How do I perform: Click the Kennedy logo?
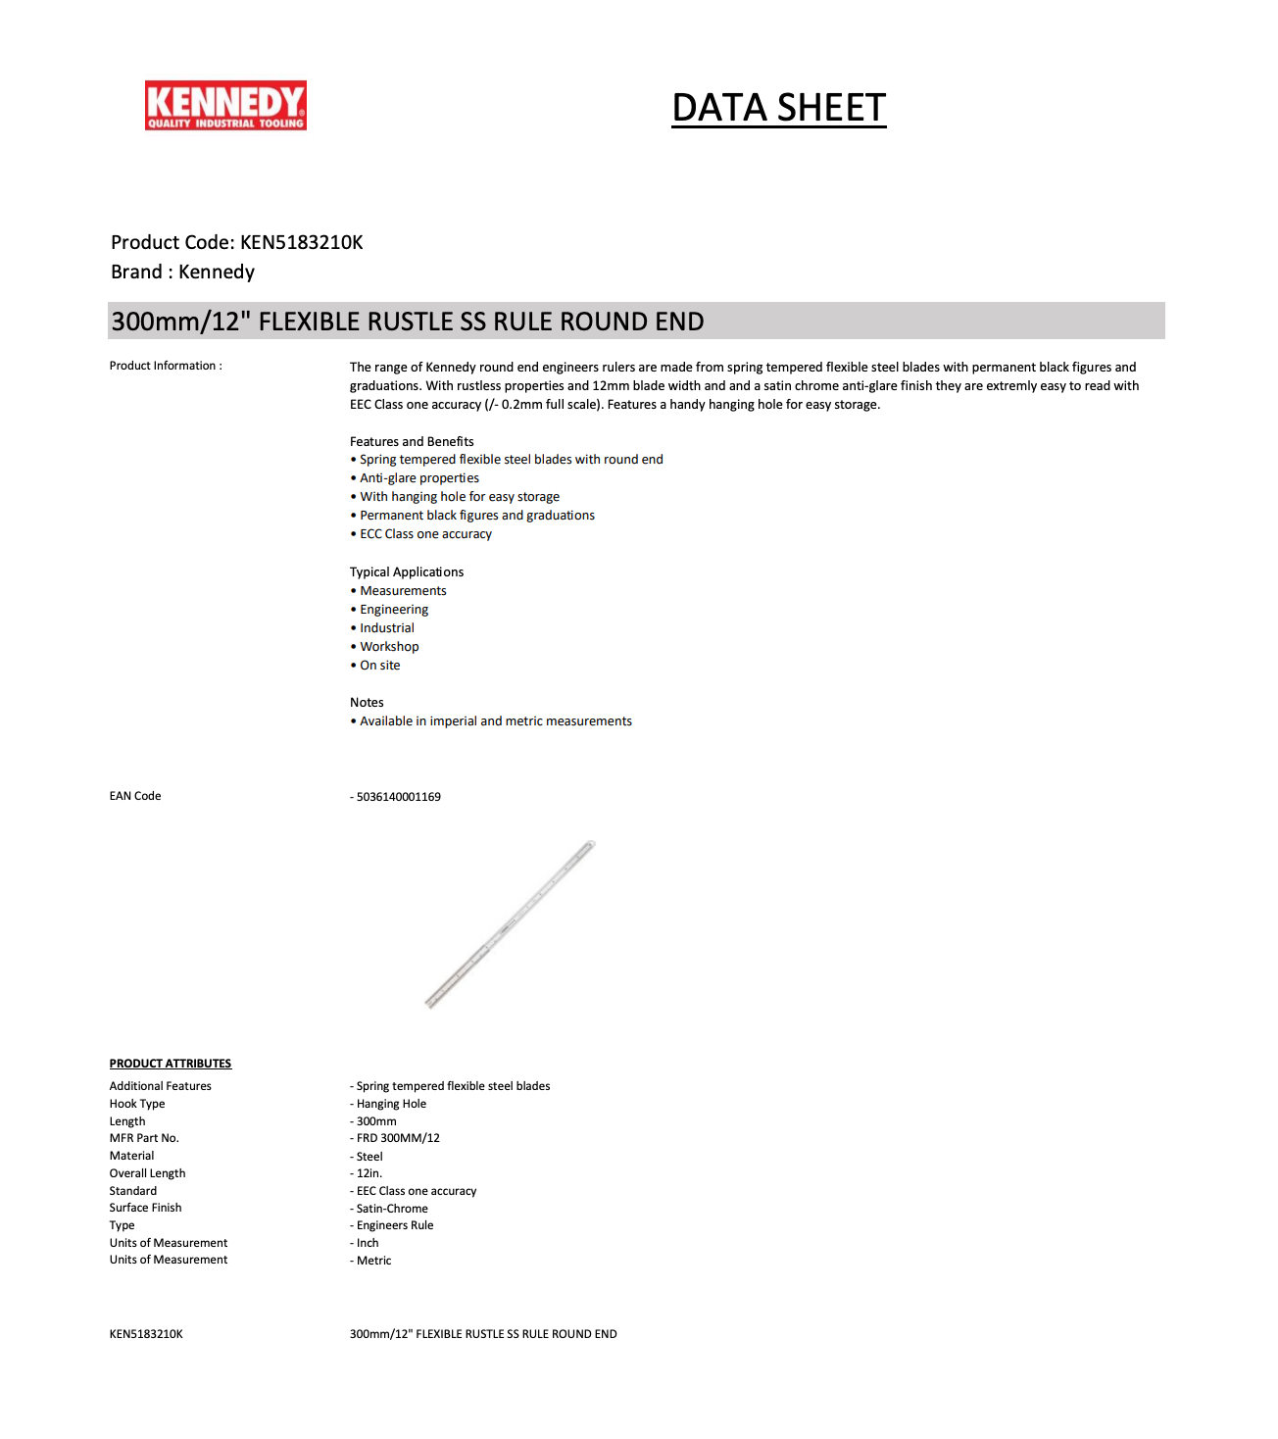(x=225, y=106)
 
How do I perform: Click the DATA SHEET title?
(x=778, y=108)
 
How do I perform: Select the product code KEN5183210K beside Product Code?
(x=301, y=242)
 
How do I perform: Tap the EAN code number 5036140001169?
(x=398, y=797)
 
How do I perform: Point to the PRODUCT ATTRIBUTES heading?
(x=171, y=1064)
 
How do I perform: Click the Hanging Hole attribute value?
(x=391, y=1104)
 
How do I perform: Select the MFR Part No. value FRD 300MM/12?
(x=398, y=1138)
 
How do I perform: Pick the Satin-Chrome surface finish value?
(x=392, y=1209)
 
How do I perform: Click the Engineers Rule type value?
(x=395, y=1225)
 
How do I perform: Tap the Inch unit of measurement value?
(x=368, y=1243)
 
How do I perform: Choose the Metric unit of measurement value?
(x=373, y=1261)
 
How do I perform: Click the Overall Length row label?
(x=147, y=1173)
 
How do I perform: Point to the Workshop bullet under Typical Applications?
(x=389, y=647)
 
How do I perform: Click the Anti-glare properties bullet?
(x=419, y=478)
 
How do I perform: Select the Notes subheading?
(x=367, y=703)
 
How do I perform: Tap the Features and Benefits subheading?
(x=412, y=442)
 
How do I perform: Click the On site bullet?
(x=379, y=666)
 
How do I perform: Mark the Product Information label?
(x=166, y=366)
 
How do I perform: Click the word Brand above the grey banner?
(x=136, y=273)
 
